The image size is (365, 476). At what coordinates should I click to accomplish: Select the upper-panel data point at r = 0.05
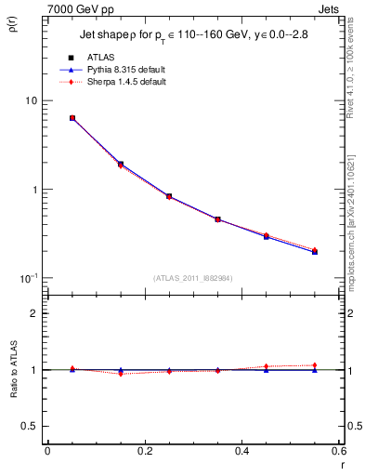pos(72,118)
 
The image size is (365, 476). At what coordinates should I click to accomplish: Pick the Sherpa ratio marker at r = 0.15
pos(121,374)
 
